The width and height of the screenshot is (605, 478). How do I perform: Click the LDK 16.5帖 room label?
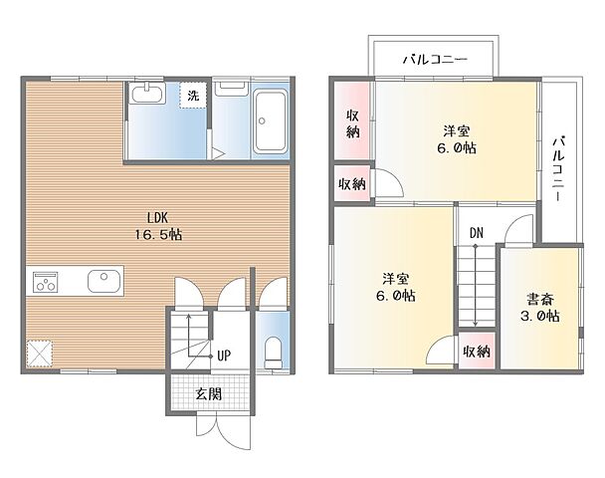point(160,226)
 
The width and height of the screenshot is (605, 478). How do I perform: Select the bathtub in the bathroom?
point(271,122)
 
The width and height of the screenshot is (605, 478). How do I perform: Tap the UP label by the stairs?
point(224,354)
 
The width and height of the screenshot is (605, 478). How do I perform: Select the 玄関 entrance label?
point(208,393)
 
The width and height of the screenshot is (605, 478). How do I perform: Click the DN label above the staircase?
point(477,233)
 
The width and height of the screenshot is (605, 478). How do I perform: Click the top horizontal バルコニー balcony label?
point(435,60)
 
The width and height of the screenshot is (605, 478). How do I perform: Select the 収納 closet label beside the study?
point(476,351)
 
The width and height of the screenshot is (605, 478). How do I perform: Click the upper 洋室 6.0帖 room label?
point(457,139)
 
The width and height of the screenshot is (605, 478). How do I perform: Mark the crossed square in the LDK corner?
point(40,354)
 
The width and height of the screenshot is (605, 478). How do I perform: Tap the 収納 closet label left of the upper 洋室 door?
point(351,184)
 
